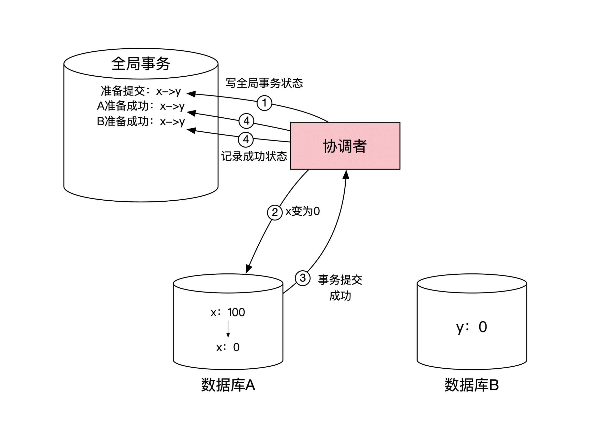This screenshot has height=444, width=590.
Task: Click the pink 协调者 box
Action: (345, 146)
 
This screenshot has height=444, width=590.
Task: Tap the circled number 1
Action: (264, 103)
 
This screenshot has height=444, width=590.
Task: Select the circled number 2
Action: (274, 213)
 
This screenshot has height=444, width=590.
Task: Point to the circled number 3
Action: (302, 278)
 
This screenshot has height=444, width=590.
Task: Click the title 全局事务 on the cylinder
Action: (141, 64)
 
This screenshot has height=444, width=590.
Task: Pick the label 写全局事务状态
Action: (264, 83)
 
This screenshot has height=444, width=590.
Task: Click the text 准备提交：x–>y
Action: (141, 91)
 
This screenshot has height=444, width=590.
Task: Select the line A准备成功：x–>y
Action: (141, 106)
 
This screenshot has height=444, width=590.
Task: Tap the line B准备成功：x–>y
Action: (141, 122)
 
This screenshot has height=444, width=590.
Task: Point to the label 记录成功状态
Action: (254, 156)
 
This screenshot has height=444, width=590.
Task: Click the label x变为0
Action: (302, 212)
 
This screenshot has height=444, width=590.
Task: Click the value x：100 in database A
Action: (228, 312)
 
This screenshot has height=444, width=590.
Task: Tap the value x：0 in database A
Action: (228, 347)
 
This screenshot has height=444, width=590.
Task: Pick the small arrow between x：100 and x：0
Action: (228, 329)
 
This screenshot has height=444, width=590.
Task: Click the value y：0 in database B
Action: (471, 327)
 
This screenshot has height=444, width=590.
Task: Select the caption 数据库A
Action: (228, 385)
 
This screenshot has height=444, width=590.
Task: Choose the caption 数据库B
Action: (471, 385)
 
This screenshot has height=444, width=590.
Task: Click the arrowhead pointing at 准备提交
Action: (191, 94)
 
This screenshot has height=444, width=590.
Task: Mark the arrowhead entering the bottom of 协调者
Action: (346, 175)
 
